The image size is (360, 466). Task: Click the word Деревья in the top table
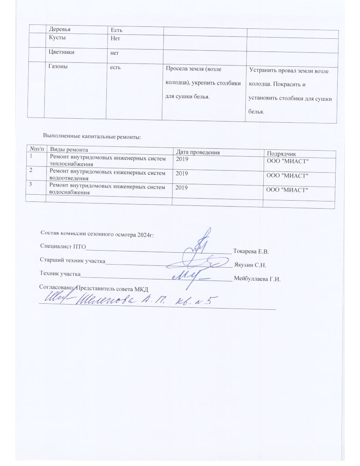pyautogui.click(x=62, y=30)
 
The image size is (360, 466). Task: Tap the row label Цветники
pyautogui.click(x=62, y=52)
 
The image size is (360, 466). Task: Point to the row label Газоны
pyautogui.click(x=58, y=67)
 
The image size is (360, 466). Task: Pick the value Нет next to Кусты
pyautogui.click(x=116, y=39)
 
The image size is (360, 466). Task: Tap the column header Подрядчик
pyautogui.click(x=281, y=154)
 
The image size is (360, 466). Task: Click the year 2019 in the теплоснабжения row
pyautogui.click(x=181, y=159)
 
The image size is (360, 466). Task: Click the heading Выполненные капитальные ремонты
pyautogui.click(x=91, y=137)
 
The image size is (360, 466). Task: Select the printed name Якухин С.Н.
pyautogui.click(x=250, y=265)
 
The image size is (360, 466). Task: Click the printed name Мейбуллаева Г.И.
pyautogui.click(x=258, y=279)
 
